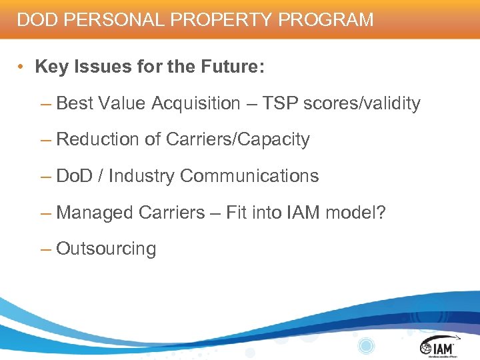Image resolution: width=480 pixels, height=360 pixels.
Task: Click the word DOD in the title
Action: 35,19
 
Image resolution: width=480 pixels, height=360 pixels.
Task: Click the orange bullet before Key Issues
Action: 22,67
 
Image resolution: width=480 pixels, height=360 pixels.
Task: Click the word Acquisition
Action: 195,103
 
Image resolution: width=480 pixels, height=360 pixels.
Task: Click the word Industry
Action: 141,176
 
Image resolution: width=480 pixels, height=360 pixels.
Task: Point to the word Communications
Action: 249,176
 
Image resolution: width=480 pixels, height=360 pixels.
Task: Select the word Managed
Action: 95,213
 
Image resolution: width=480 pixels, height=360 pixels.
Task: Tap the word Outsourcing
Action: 106,249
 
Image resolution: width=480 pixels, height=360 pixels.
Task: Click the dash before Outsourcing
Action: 45,249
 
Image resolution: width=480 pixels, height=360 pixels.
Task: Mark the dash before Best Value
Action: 45,104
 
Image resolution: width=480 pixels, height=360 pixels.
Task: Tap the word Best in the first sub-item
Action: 75,103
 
